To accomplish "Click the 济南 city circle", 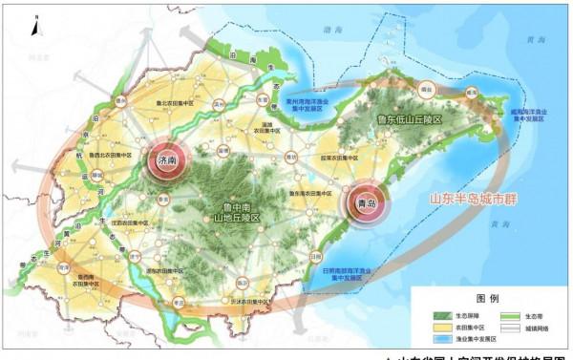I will [166, 162].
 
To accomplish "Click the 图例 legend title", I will [490, 296].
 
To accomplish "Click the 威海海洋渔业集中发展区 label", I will [527, 115].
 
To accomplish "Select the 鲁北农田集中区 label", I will [172, 103].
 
